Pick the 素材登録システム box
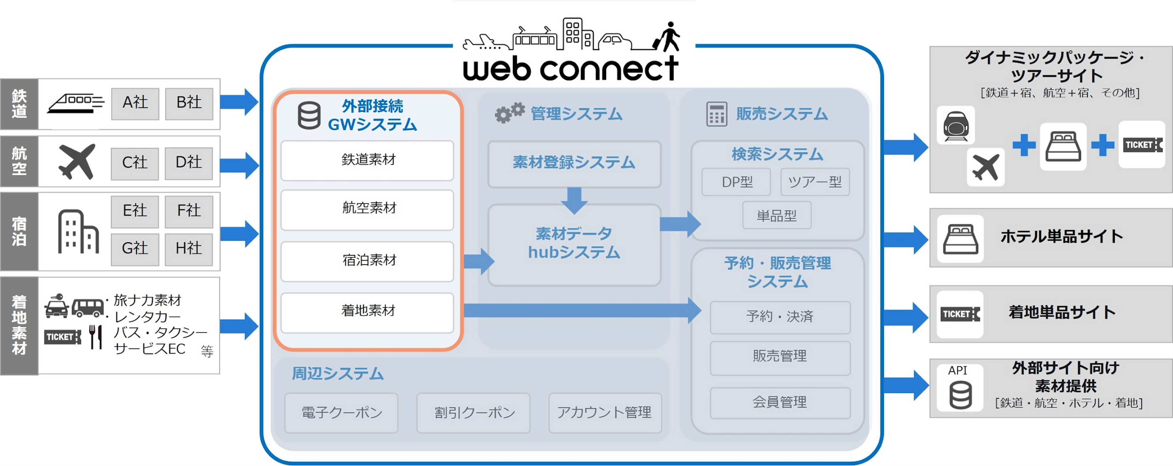point(574,163)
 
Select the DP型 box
point(736,182)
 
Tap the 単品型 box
point(776,215)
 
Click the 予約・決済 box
point(780,317)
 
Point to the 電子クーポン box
point(341,413)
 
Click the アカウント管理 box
point(605,413)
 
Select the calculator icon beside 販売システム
point(716,114)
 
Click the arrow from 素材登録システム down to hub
point(574,200)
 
